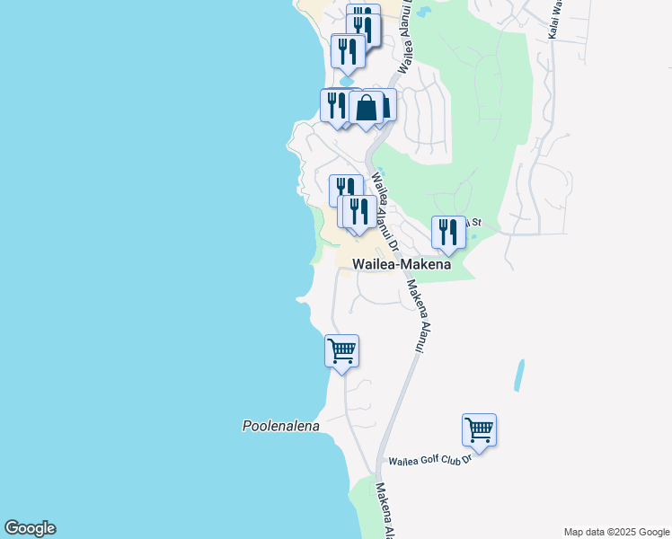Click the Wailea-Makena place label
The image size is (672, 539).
401,264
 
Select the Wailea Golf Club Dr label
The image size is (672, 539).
429,461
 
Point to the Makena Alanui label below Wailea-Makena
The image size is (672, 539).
417,314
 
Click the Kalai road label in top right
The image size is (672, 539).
553,18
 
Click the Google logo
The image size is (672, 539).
30,528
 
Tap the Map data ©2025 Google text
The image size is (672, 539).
616,532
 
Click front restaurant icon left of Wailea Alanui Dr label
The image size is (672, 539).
358,212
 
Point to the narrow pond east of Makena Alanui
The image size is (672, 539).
518,376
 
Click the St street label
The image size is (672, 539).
477,221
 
